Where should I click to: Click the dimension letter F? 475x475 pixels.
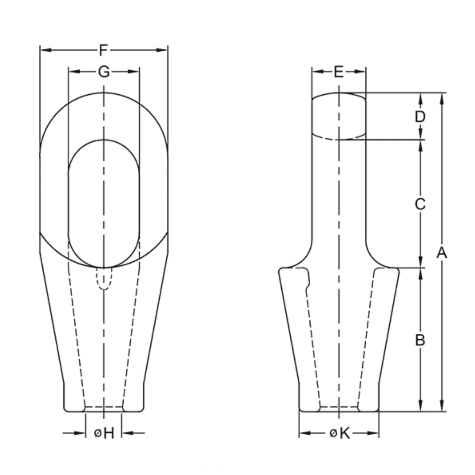pos(104,50)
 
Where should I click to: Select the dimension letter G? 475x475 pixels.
pos(104,72)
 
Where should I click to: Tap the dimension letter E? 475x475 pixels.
pos(339,72)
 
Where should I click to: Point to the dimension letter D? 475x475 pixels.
pos(420,117)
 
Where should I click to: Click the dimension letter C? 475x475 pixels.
pos(420,204)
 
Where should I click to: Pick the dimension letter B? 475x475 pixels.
pos(420,340)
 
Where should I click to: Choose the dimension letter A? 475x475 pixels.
pos(442,253)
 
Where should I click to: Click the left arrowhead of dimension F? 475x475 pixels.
pos(46,50)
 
